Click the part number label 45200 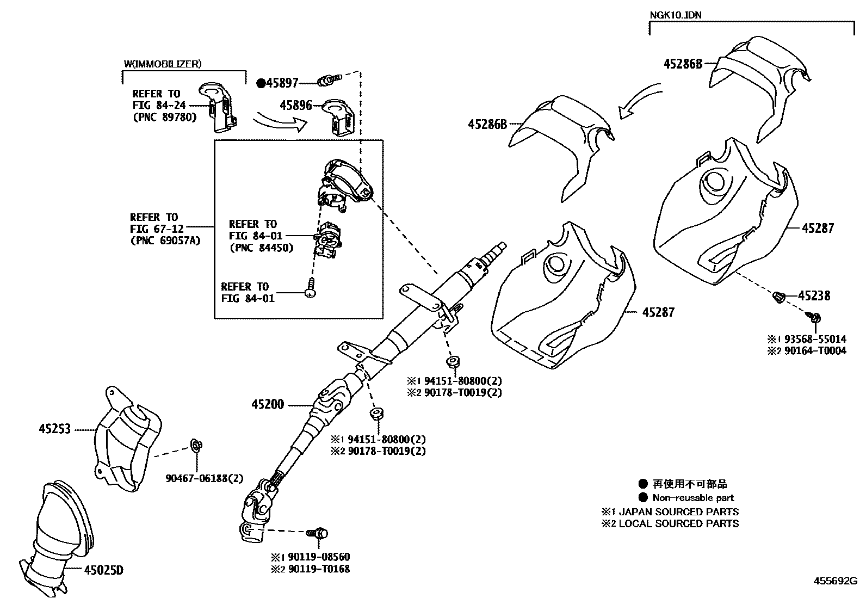coord(268,405)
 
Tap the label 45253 coord(55,429)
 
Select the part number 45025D coord(104,570)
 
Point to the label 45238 coord(814,295)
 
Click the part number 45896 coord(296,105)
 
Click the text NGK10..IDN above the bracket coord(676,15)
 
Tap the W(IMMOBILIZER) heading coord(163,64)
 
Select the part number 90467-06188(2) coord(205,478)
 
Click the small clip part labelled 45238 coord(778,297)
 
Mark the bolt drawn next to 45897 coord(329,81)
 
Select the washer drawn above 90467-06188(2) coord(196,447)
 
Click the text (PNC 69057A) coord(165,241)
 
